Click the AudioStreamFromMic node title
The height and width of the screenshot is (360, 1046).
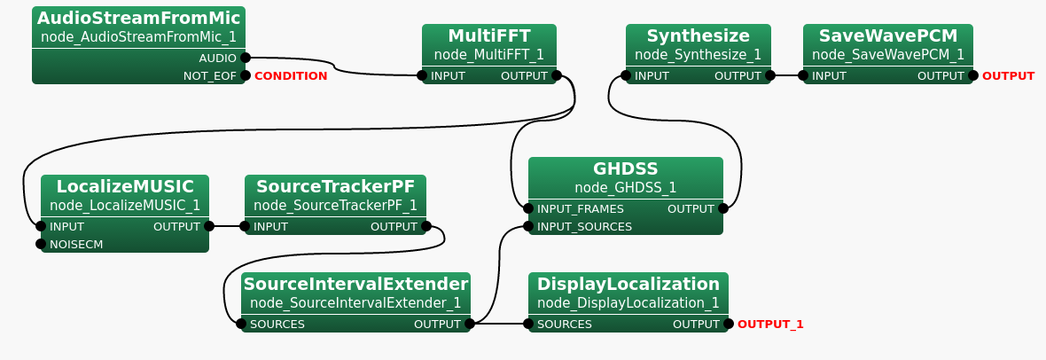(138, 18)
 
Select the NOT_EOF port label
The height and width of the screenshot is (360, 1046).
(209, 75)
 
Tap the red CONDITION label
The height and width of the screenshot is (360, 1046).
(291, 75)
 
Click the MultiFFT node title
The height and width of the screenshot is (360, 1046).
(489, 35)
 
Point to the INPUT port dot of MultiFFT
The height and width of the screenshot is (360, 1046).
(422, 75)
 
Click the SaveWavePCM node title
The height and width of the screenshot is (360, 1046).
(888, 35)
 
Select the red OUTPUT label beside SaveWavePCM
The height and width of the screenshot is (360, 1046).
(1008, 75)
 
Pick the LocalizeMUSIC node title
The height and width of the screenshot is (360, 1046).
(125, 186)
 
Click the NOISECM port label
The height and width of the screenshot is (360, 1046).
(76, 244)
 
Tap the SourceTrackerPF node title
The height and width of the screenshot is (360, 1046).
(335, 186)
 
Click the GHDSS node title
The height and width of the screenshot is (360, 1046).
(626, 168)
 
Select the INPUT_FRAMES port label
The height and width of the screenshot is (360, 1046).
(581, 208)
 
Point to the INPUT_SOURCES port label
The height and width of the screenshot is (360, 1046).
(584, 226)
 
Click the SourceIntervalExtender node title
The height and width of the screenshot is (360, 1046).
(355, 284)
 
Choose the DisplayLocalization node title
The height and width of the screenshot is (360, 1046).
(628, 284)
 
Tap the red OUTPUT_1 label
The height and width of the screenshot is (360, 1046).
(770, 324)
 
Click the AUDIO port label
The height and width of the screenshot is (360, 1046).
(217, 58)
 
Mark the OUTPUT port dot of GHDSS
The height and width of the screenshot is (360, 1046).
(723, 208)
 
